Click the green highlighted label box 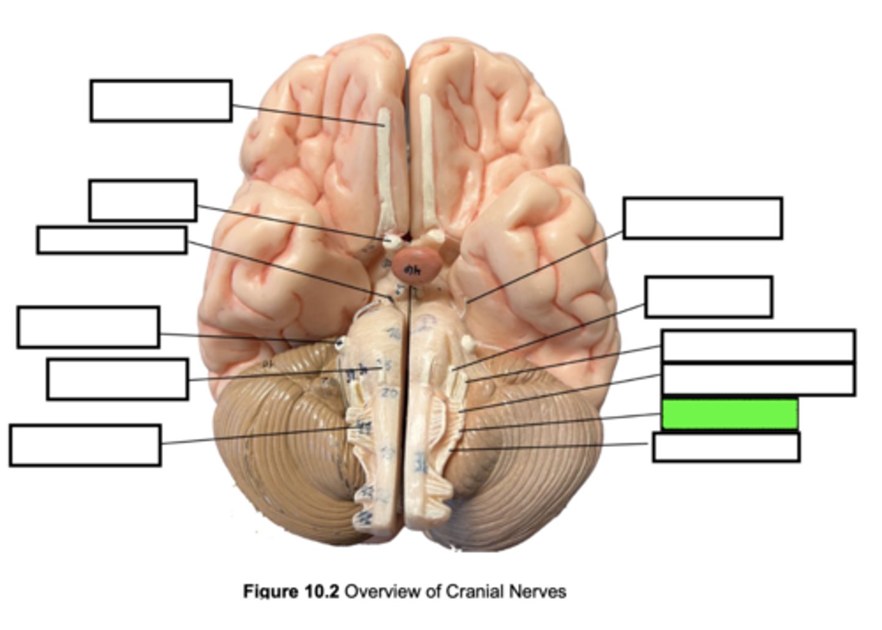(x=729, y=414)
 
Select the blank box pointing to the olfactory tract (x=160, y=101)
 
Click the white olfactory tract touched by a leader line (x=384, y=165)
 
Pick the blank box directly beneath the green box (x=726, y=447)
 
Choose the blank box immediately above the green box (x=758, y=379)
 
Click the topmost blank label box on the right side (x=703, y=218)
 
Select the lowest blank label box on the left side (x=85, y=446)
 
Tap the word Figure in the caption (x=269, y=591)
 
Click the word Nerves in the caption (x=539, y=591)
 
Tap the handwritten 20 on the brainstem (x=388, y=393)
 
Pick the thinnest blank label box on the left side (x=111, y=240)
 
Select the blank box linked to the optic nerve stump (x=142, y=200)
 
